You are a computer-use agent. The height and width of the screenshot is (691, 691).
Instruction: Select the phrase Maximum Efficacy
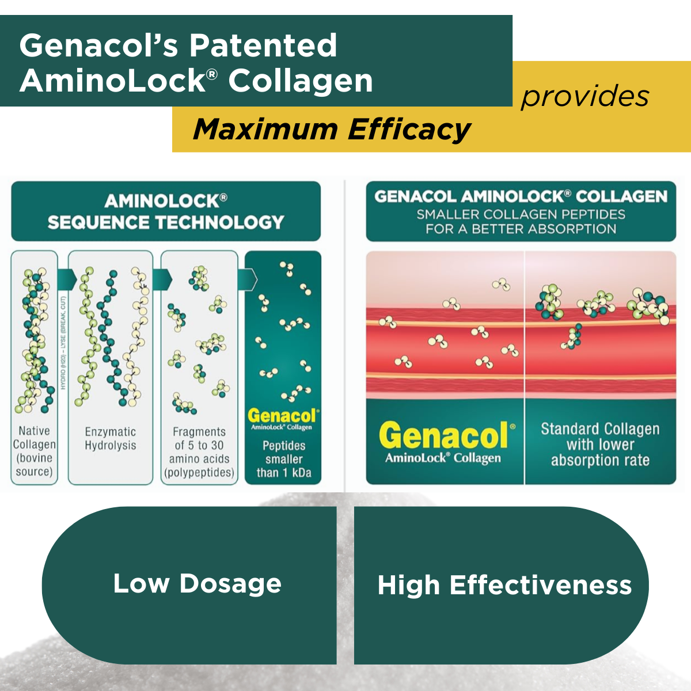332,129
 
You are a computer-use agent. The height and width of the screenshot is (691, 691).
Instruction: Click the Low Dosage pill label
197,583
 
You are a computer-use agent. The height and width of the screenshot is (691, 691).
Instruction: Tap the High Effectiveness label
504,585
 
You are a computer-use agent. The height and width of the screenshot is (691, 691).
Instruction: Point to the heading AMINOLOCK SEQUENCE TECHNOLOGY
166,211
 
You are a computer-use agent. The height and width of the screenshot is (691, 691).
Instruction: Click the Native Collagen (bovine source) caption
35,451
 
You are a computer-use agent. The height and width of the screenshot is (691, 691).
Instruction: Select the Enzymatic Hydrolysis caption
111,438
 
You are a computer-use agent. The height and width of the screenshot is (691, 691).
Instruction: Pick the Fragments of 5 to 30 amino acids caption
199,452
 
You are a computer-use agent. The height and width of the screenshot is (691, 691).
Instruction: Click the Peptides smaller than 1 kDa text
284,459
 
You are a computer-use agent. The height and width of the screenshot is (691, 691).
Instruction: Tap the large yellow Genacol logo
444,436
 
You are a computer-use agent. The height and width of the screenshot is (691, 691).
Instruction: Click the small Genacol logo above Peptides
282,417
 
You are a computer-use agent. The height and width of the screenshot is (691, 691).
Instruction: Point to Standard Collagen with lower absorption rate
600,445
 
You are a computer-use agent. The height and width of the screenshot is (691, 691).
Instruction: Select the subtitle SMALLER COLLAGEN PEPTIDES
521,215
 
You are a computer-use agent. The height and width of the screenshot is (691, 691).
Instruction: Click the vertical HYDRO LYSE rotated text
63,343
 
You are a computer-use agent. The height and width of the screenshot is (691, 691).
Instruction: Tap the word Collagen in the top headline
301,81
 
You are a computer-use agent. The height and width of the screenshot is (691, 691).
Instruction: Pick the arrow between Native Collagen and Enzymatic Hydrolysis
67,280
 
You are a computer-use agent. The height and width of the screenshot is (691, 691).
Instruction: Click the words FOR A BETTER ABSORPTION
521,229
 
